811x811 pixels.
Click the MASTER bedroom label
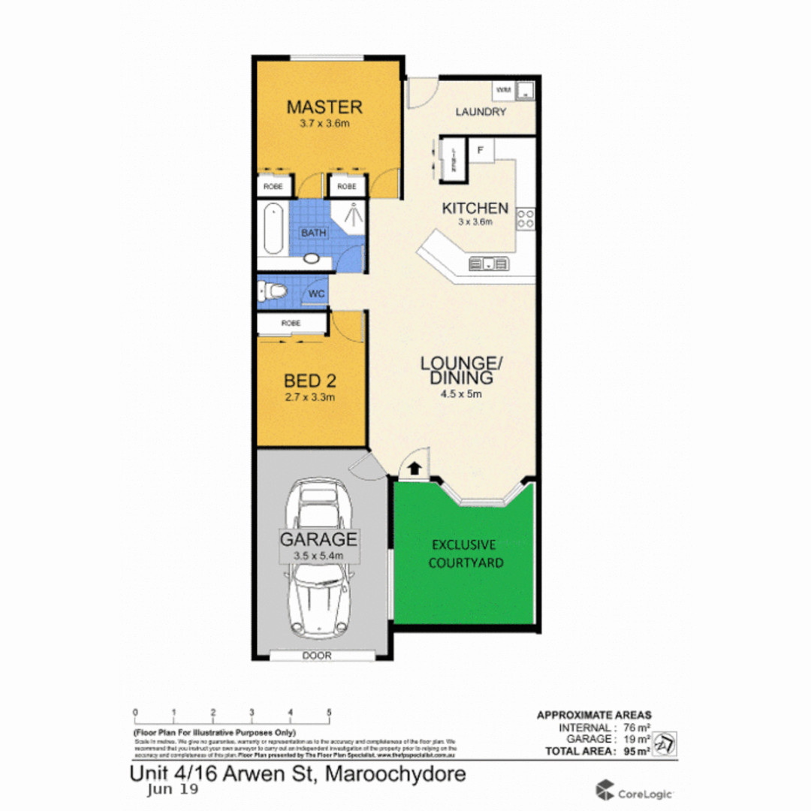point(324,107)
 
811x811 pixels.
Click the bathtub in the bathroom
point(272,228)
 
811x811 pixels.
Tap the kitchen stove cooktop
point(526,219)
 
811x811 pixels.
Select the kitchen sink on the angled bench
point(488,264)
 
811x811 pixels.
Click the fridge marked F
point(481,149)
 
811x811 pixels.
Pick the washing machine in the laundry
point(504,91)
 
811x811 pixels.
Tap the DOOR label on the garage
point(316,656)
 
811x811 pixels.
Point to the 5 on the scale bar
point(329,712)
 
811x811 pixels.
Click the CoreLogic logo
point(635,791)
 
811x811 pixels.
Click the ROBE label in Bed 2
point(291,323)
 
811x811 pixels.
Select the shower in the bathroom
point(348,214)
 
